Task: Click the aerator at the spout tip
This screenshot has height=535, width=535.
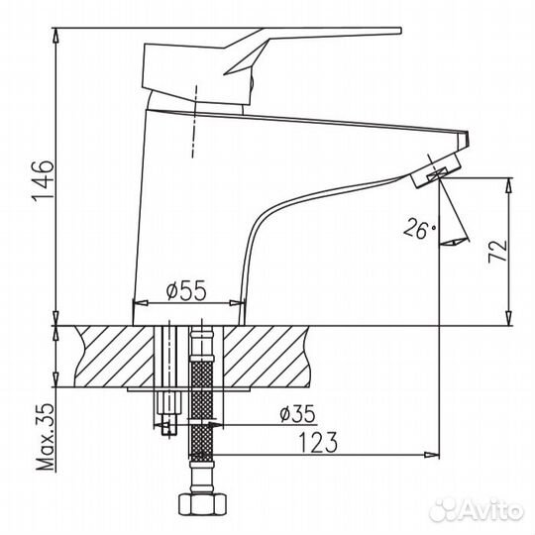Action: coord(434,170)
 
